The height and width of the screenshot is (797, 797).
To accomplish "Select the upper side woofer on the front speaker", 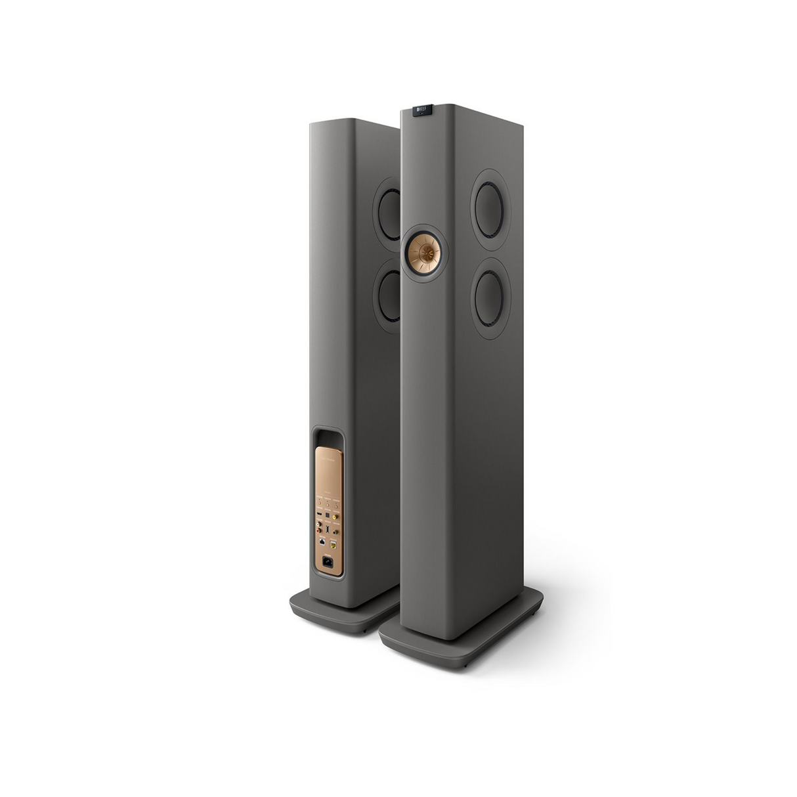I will (489, 209).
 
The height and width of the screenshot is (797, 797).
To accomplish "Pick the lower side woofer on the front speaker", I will (490, 299).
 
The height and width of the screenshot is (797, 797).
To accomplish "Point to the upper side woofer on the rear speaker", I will (389, 215).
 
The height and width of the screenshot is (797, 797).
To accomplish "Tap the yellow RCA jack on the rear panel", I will (335, 517).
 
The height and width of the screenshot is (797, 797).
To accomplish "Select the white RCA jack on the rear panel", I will (319, 524).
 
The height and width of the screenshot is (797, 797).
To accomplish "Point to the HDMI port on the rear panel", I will (320, 514).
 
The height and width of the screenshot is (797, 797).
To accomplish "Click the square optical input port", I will (328, 515).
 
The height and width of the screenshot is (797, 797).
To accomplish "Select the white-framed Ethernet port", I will (322, 542).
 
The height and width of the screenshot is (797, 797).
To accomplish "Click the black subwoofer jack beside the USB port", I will (335, 532).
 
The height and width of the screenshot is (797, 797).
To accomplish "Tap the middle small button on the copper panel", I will (328, 505).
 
